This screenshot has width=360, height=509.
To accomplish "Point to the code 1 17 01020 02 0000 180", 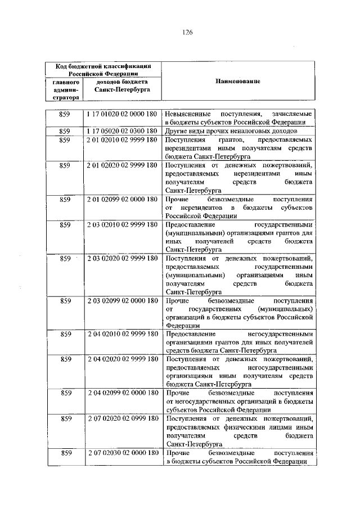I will click(x=122, y=114).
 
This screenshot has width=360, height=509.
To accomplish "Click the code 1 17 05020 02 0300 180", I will click(x=122, y=130).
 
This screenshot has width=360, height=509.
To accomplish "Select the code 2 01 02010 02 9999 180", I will click(x=122, y=139).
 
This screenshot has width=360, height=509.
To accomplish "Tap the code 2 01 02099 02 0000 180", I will click(x=122, y=199).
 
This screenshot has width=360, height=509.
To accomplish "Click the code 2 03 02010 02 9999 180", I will click(x=122, y=225).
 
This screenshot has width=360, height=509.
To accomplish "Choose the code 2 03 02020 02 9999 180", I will click(x=122, y=258).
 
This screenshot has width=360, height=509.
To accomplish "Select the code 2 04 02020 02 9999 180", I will click(x=122, y=359).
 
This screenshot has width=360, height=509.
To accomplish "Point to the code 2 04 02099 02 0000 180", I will click(x=122, y=393).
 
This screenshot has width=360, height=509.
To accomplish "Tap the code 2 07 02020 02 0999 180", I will click(x=122, y=418).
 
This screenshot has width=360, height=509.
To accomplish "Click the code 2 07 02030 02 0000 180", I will click(x=122, y=452).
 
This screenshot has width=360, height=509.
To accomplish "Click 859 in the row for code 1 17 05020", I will click(x=65, y=130).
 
